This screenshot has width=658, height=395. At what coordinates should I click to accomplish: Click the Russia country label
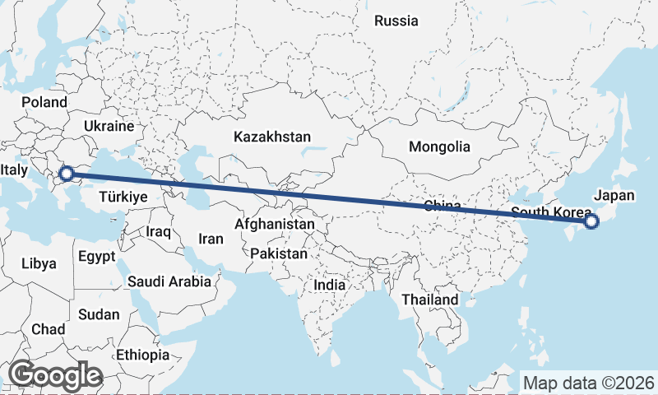pos(396,21)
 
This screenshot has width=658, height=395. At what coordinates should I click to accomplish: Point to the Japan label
pos(614,195)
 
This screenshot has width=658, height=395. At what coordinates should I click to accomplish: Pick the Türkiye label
pos(123,197)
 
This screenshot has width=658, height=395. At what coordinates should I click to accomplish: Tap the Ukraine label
pos(109,126)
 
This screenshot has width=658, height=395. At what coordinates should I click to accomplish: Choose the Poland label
pos(44,102)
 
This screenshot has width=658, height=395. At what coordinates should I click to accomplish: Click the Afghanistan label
pos(274,224)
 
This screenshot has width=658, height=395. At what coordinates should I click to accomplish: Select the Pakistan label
pos(280,253)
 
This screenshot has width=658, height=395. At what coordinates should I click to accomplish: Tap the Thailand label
pos(429,300)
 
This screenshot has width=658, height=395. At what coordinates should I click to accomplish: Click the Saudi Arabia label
pos(169,281)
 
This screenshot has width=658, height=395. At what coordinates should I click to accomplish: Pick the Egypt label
pos(96,256)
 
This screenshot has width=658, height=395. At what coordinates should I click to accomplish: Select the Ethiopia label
pos(142,355)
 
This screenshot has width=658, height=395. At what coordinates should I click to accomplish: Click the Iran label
pos(211,239)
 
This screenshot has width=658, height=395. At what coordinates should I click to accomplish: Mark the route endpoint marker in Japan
pos(591,221)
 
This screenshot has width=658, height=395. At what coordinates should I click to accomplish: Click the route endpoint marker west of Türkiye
pos(67,174)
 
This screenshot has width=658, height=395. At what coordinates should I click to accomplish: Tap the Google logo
pos(54,376)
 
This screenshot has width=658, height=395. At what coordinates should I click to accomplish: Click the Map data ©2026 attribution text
pos(589,383)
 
